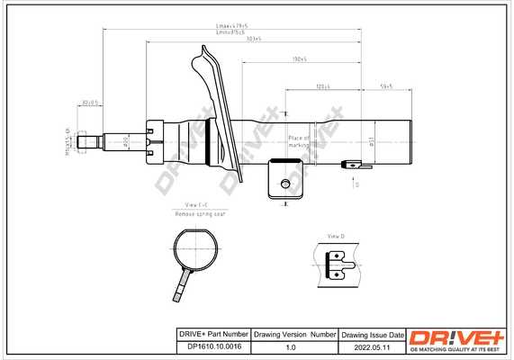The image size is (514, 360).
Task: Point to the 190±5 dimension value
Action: [300, 59]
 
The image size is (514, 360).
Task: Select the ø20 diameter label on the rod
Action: [126, 140]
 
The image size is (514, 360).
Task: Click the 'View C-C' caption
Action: [197, 206]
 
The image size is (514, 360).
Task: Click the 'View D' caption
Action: [337, 235]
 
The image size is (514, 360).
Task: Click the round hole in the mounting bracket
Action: [285, 184]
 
